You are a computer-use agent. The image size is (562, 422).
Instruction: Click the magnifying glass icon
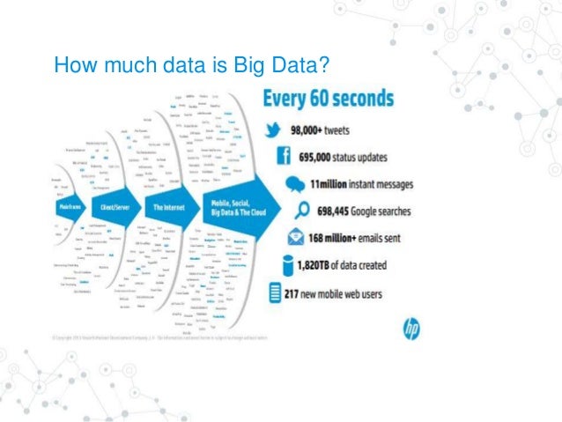[299, 211]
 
